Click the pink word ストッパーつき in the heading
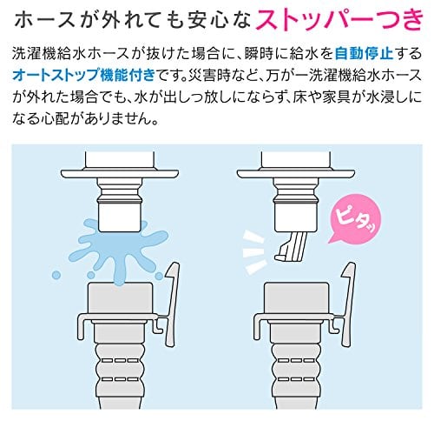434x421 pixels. point(340,20)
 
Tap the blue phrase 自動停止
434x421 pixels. point(364,54)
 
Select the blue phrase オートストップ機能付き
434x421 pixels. point(84,76)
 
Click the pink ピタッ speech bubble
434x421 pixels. point(355,221)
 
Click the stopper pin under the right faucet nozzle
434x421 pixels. point(291,245)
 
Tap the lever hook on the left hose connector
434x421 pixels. point(172,304)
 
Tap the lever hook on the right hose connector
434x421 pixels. point(348,304)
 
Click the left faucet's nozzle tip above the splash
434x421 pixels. point(119,217)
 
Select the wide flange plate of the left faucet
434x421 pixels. point(120,174)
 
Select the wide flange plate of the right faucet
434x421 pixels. point(296,174)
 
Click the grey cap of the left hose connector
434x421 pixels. point(120,298)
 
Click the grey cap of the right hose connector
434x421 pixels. point(296,298)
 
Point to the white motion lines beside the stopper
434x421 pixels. point(254,251)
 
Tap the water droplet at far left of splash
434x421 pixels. point(56,275)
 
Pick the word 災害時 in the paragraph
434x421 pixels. point(207,76)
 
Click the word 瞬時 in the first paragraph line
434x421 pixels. point(259,54)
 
